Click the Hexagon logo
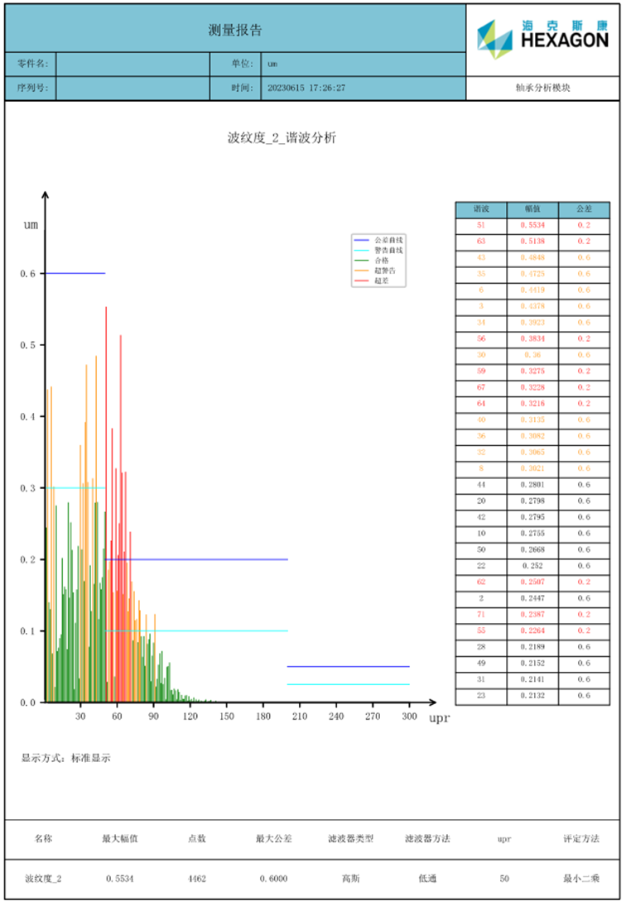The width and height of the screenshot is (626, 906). coord(542,39)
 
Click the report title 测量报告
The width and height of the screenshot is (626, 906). coord(235,30)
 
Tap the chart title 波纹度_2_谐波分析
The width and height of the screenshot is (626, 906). coord(282,138)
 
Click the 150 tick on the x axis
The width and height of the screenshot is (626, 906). coord(227,717)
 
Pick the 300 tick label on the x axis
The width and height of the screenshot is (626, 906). coord(409,717)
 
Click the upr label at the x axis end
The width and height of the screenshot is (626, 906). coord(439,718)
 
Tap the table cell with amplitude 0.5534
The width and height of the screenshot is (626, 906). coord(533,225)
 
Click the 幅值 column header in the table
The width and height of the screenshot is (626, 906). coord(533,209)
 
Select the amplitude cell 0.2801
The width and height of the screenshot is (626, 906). coord(533,484)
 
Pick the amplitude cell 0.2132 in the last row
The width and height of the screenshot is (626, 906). coord(533,695)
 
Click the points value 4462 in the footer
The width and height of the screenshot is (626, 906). coord(197,879)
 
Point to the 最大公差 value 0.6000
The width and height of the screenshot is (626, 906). coord(273,879)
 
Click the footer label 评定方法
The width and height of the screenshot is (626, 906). coord(581,839)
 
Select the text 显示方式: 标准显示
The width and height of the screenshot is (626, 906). coord(66,758)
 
